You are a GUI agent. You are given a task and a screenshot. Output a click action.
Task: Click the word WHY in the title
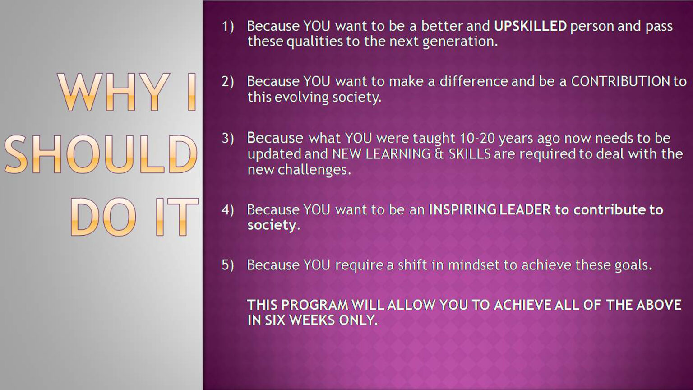pos(114,92)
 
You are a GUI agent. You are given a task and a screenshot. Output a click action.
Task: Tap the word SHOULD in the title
pos(101,154)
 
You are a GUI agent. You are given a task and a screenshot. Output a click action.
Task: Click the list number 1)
pos(228,27)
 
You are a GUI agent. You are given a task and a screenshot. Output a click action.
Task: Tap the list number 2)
pos(228,82)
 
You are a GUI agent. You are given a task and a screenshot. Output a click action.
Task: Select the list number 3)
pos(228,139)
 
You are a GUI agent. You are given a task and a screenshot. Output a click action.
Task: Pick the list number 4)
pos(228,210)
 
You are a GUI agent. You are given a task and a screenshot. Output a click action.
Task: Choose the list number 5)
pos(228,265)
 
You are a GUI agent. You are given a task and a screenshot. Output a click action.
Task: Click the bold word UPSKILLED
pos(530,26)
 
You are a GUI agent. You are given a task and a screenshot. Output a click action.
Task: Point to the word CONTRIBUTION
pos(620,81)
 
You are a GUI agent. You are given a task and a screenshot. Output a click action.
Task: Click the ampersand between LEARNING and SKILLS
pos(439,154)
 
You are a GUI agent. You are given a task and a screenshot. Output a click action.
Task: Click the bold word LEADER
pos(525,210)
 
